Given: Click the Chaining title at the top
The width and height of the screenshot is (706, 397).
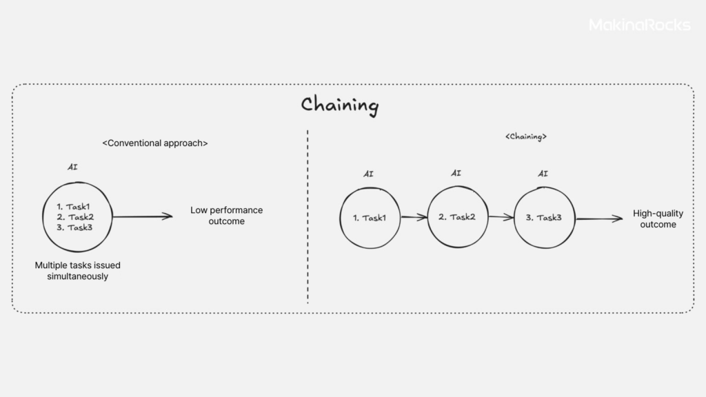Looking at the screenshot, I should tap(340, 105).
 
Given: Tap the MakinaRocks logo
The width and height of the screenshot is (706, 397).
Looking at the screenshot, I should tap(639, 25).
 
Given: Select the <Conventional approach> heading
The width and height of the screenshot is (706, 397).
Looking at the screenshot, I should tap(155, 143).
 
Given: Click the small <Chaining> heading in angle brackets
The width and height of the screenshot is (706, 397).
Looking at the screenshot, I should tap(526, 137).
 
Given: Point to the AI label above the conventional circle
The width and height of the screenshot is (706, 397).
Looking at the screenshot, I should tap(72, 167).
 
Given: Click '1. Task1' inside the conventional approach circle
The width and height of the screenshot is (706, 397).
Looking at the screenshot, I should tap(74, 207).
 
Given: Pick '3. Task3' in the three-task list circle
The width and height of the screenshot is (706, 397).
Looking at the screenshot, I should tap(74, 227).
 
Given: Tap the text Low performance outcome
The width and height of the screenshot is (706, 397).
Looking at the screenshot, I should tap(226, 216).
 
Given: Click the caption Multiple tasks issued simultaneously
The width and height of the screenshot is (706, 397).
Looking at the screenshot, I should tap(77, 270).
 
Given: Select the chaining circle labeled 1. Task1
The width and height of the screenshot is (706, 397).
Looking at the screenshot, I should tap(370, 218).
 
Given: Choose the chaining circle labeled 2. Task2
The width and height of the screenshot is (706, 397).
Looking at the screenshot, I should tap(456, 217).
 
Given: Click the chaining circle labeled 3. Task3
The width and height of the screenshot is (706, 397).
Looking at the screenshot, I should tap(544, 218).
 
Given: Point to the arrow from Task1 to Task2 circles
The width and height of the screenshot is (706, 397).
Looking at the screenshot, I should tap(414, 217).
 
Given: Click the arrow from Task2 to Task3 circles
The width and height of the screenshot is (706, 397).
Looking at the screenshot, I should tap(501, 217).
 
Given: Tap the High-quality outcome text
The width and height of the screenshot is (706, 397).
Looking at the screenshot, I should tap(658, 219).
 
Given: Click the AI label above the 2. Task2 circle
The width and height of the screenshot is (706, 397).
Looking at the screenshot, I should tap(456, 173).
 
